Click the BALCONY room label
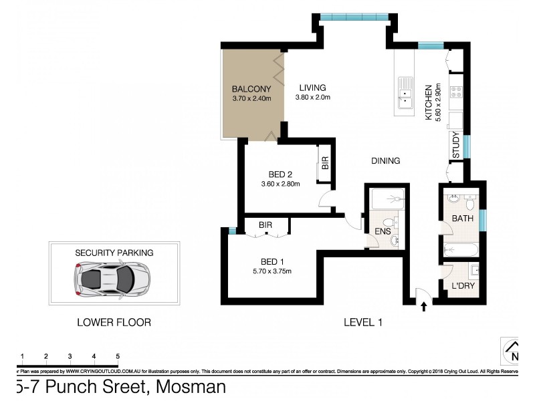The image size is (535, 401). [251, 89]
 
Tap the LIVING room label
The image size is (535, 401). [312, 88]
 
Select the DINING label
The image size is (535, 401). [386, 160]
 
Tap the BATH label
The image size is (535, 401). [463, 219]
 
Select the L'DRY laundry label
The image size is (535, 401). [463, 285]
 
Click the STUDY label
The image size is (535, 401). [456, 146]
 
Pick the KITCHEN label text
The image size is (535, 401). [429, 102]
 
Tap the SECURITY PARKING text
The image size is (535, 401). [114, 253]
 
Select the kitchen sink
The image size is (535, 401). [407, 92]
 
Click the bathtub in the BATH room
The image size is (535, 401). [462, 250]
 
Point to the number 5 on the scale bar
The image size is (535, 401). [118, 356]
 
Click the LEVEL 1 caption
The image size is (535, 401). [362, 322]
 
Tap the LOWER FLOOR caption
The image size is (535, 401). [114, 322]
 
